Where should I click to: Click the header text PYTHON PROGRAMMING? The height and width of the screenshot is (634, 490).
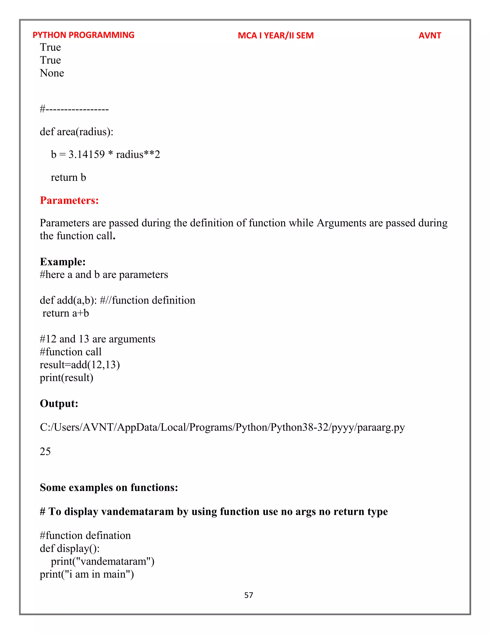pos(83,35)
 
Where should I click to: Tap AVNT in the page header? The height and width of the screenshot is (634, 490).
pos(430,35)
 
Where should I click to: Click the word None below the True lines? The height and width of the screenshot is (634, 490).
pos(52,73)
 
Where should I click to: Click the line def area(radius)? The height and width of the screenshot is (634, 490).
pos(76,132)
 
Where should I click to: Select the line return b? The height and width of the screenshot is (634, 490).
pos(68,177)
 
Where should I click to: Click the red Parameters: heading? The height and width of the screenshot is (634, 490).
pos(69,200)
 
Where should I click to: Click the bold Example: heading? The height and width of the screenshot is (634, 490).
pos(63,261)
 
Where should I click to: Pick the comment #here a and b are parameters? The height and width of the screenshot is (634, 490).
pos(104,275)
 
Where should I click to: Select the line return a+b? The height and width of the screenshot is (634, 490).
pos(65,313)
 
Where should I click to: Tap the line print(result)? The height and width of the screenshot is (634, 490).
pos(67,378)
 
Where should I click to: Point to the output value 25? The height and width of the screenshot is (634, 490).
pos(45,451)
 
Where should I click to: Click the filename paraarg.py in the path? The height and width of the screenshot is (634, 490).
pos(381,427)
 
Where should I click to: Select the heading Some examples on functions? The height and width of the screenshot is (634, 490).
pos(109,487)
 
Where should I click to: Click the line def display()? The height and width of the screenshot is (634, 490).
pos(70,548)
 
